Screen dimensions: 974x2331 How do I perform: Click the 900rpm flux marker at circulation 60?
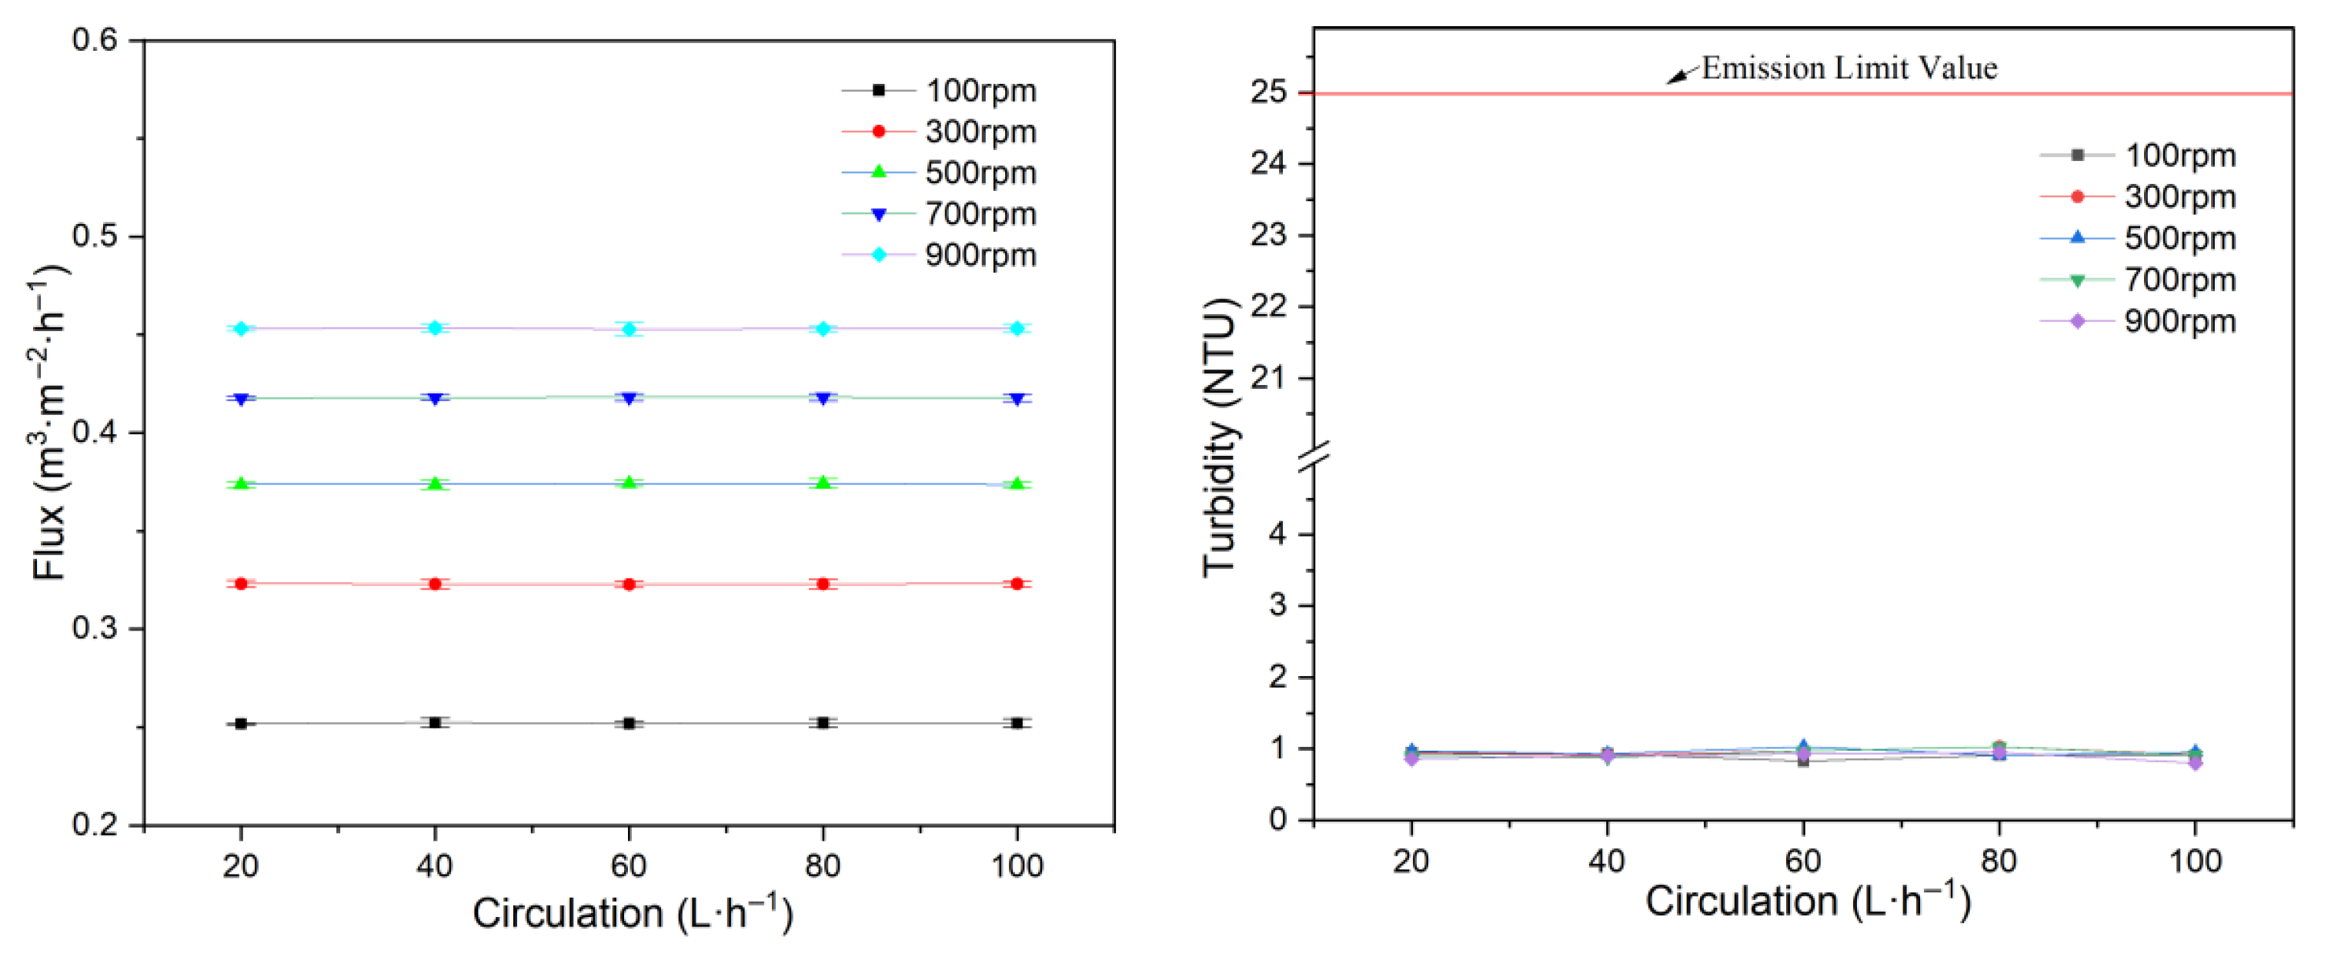click(629, 329)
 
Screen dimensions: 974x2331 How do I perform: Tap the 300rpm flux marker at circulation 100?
click(1017, 584)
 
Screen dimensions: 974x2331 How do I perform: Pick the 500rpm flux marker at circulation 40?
click(436, 484)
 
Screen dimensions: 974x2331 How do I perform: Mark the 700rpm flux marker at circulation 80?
click(823, 398)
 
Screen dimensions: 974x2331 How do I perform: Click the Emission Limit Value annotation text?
click(1848, 68)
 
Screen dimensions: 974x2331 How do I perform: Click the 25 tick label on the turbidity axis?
click(1269, 92)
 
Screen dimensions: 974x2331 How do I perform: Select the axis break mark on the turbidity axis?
click(1314, 457)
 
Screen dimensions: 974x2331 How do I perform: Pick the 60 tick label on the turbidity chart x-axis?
click(1802, 860)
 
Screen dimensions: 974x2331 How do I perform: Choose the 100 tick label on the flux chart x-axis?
click(1017, 866)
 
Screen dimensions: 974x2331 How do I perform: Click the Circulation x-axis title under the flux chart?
click(632, 912)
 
